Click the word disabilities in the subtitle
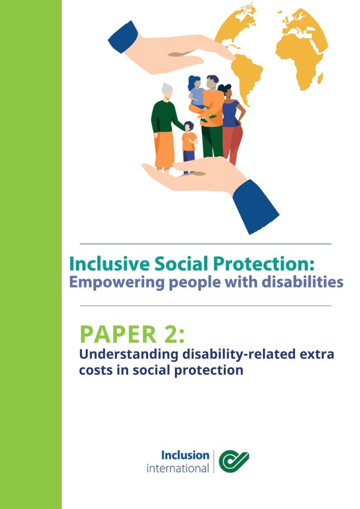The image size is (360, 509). tap(302, 281)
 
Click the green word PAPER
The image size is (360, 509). tap(118, 334)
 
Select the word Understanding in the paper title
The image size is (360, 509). tap(129, 354)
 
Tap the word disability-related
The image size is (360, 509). tap(239, 354)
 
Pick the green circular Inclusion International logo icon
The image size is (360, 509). tap(234, 461)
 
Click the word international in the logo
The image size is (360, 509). tap(178, 468)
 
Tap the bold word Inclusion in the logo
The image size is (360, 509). tap(185, 455)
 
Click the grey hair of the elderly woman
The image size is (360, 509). tap(168, 88)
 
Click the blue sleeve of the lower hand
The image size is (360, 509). tap(256, 206)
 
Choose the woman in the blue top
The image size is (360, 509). tap(231, 123)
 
